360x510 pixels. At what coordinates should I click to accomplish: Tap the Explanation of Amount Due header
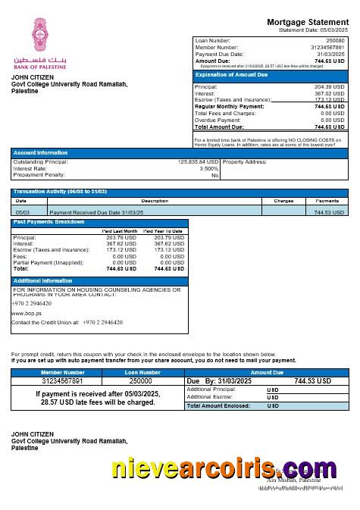[x=231, y=75]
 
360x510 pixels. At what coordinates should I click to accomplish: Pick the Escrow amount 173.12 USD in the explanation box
[x=329, y=100]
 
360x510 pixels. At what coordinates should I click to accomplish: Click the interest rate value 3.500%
[x=208, y=168]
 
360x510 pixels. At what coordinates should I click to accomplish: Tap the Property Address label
[x=245, y=161]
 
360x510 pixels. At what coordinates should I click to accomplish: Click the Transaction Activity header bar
[x=58, y=192]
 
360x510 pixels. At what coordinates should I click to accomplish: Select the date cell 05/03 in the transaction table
[x=23, y=213]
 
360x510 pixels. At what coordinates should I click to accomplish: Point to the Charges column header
[x=278, y=201]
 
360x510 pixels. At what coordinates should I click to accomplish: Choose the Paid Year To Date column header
[x=163, y=231]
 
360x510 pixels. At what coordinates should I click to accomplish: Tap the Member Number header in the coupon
[x=63, y=372]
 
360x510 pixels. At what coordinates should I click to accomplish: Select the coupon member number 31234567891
[x=63, y=381]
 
